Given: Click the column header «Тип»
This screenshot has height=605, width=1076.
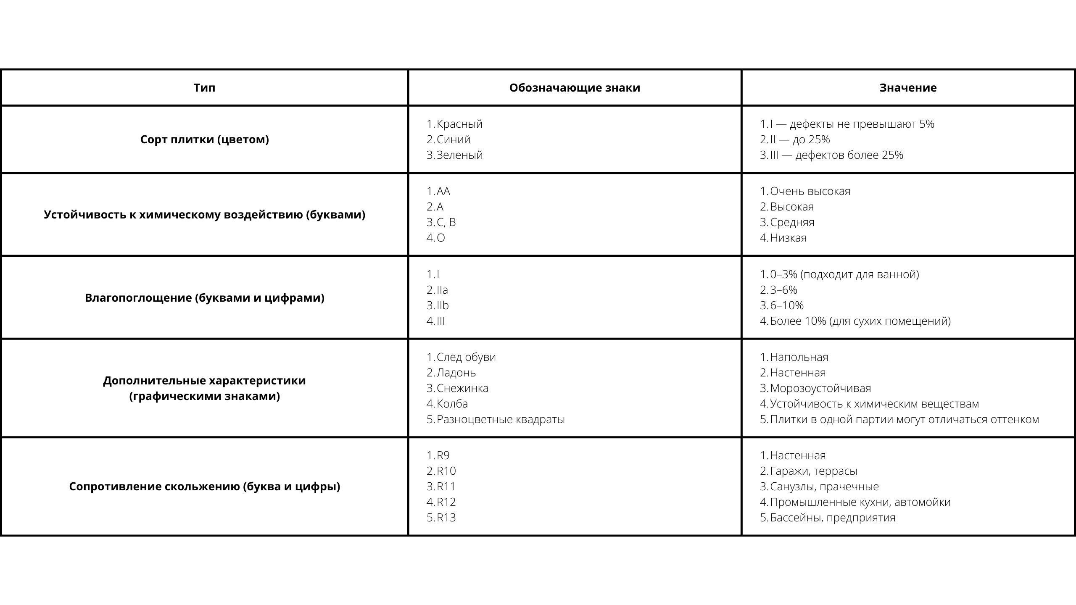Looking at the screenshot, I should [204, 88].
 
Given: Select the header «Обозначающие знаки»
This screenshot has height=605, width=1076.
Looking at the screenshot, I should [575, 88].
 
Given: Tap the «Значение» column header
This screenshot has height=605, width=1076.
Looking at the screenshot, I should [908, 88].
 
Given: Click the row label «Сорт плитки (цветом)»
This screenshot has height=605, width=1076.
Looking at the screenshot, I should [204, 139].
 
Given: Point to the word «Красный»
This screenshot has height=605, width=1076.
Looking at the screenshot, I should [459, 124].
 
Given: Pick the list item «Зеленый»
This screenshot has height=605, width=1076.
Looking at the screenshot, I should [459, 155].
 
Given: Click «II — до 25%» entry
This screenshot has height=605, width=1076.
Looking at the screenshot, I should [800, 139].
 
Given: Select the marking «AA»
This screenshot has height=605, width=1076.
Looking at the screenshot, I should [443, 191].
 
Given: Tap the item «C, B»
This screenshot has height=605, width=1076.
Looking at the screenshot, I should [446, 222].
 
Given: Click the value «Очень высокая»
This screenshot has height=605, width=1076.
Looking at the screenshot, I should [810, 191].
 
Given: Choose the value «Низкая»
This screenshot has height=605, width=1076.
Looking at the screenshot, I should [788, 238].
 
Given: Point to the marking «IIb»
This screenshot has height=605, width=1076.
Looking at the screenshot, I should [443, 305].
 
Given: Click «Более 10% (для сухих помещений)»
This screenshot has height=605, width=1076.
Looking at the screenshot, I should [860, 321].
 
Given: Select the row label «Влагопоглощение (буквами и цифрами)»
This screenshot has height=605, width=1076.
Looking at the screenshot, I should [204, 298].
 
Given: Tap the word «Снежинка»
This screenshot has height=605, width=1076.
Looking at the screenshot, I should [462, 388].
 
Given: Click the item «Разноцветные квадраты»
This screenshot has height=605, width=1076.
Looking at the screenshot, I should [501, 419].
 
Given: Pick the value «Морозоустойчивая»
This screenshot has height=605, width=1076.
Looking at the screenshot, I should [820, 388].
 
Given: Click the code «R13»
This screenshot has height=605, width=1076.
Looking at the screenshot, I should [446, 518].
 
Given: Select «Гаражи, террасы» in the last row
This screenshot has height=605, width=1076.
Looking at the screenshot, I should [813, 471].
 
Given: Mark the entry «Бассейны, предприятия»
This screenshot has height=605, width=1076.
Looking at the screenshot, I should [833, 518].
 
